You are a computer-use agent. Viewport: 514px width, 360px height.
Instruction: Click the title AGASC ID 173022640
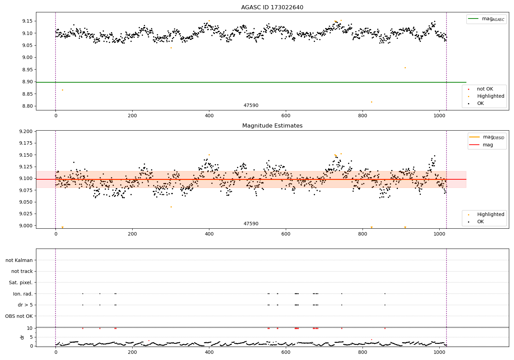click(272, 8)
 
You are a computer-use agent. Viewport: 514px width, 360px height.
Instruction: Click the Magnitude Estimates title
click(272, 126)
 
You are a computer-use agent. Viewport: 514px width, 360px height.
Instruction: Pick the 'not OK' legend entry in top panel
click(485, 89)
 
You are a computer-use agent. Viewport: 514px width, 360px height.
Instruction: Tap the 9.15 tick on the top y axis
click(27, 21)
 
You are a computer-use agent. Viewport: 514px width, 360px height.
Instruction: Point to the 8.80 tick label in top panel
click(27, 106)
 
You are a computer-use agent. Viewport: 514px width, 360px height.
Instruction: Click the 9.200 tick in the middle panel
click(26, 132)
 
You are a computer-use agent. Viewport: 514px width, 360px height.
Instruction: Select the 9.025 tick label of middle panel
click(26, 214)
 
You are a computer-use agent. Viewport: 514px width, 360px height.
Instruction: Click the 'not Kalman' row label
click(19, 261)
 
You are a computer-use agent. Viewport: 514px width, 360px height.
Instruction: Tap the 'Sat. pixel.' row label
click(21, 283)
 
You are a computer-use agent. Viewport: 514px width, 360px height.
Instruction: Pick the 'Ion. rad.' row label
click(23, 294)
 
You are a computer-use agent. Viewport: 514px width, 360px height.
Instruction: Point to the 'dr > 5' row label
click(25, 305)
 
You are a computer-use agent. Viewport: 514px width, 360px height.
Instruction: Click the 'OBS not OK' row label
click(19, 316)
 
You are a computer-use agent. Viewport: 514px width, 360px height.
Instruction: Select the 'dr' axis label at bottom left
click(22, 337)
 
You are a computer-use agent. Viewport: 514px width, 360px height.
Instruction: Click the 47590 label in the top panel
click(251, 106)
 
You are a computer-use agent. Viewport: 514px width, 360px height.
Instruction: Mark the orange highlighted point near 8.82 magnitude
click(371, 102)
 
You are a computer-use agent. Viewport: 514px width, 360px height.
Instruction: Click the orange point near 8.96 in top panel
click(405, 68)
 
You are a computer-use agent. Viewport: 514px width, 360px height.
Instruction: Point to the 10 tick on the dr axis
click(30, 328)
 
